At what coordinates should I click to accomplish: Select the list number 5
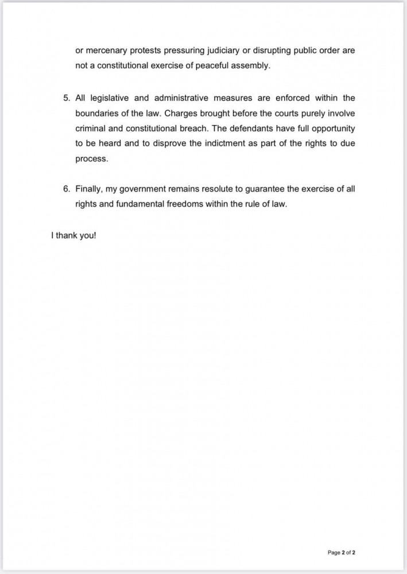(x=65, y=99)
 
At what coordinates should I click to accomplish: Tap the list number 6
(x=65, y=188)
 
